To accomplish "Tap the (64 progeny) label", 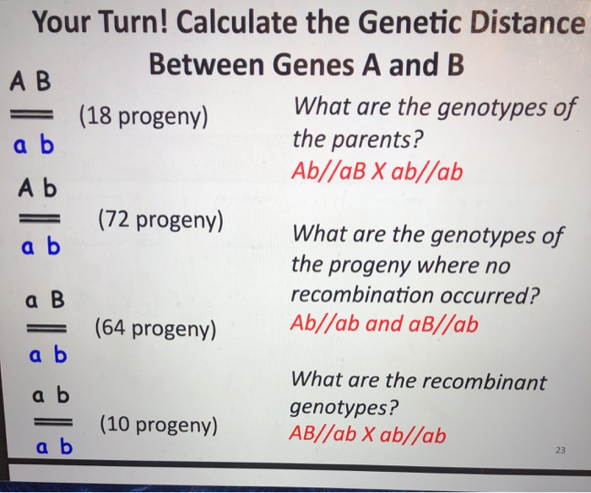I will pos(157,328).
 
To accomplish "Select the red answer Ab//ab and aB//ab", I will pos(382,323).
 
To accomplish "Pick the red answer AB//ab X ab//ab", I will pos(367,435).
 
